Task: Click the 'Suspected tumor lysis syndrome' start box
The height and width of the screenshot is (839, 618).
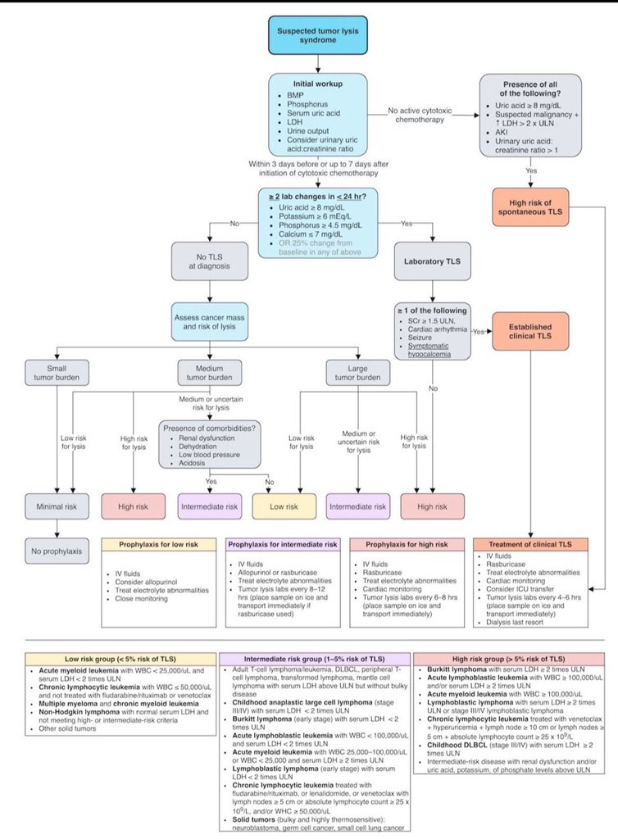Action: click(309, 36)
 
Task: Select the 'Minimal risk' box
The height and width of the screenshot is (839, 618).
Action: click(55, 507)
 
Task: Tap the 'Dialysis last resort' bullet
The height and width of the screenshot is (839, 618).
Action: click(520, 622)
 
